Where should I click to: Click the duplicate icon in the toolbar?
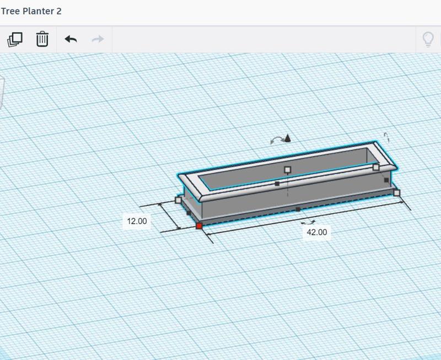point(15,39)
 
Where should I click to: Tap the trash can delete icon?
point(42,39)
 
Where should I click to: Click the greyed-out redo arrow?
point(98,39)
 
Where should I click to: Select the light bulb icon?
point(428,39)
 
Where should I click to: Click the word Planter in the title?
point(38,11)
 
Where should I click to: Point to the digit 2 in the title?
point(59,11)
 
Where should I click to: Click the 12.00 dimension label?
point(137,221)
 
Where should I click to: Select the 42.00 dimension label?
point(316,232)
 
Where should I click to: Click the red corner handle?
point(199,226)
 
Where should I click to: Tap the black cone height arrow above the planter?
point(287,138)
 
